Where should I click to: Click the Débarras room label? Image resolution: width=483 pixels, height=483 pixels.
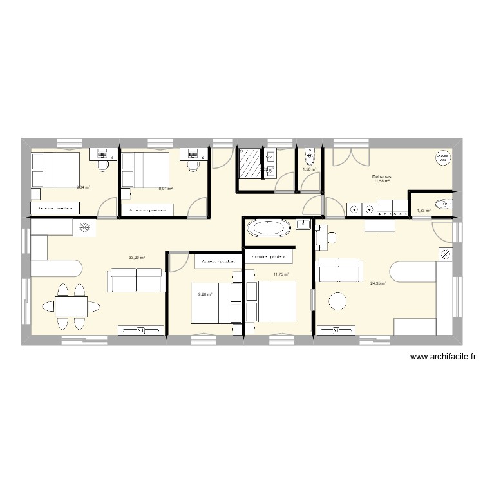(382, 176)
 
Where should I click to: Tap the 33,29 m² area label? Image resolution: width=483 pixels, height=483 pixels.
(137, 258)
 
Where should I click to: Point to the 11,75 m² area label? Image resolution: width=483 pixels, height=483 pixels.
(281, 275)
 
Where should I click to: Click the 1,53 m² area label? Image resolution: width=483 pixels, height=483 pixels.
(423, 211)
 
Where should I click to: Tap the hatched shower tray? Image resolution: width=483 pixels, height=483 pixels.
(249, 162)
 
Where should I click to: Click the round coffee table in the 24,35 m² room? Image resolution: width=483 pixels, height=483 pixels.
(337, 301)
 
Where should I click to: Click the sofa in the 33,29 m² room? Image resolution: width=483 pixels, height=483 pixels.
(137, 280)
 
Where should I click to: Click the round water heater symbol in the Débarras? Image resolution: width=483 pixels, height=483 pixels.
(442, 158)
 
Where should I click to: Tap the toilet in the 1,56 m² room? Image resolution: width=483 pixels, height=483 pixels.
(309, 156)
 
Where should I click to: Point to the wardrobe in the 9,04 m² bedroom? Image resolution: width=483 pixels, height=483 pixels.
(55, 209)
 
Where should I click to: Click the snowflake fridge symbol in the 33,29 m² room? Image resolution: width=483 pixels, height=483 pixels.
(84, 227)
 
